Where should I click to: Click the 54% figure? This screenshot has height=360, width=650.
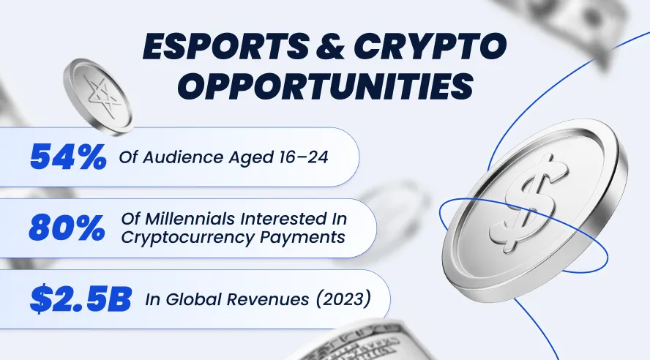point(68,157)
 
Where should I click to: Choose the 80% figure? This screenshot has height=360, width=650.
point(67,228)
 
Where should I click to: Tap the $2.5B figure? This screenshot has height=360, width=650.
point(81,299)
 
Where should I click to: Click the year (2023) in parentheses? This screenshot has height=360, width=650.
point(343,299)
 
